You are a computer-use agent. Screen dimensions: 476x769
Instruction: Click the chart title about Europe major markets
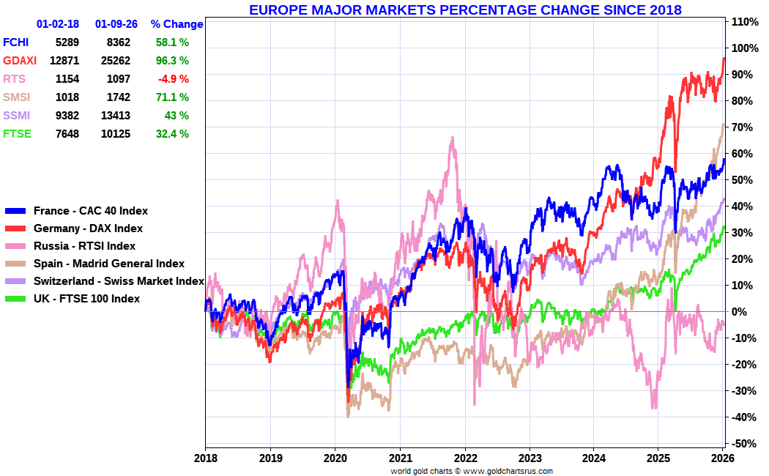coord(465,10)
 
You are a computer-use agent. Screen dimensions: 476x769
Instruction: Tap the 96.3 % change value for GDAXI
coord(172,61)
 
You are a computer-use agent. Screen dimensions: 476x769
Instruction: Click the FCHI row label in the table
coord(16,42)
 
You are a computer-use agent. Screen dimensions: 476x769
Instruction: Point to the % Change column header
coord(177,24)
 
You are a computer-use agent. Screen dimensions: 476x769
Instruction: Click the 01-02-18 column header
coord(58,24)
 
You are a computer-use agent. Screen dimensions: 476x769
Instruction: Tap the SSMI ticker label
coord(17,116)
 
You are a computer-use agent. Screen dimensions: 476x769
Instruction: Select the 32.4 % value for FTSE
coord(172,134)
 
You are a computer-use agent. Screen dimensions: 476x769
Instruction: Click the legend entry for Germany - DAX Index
coord(88,228)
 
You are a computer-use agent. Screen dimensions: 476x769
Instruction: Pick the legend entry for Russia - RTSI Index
coord(84,246)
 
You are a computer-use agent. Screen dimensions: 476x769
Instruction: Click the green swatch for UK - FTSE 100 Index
coord(15,299)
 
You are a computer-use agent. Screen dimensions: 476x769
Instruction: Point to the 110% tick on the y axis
coord(743,22)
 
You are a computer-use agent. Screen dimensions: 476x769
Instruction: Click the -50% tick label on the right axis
coord(743,444)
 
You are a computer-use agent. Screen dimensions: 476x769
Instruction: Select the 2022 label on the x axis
coord(465,458)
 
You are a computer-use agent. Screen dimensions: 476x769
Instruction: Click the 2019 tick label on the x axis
coord(270,458)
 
